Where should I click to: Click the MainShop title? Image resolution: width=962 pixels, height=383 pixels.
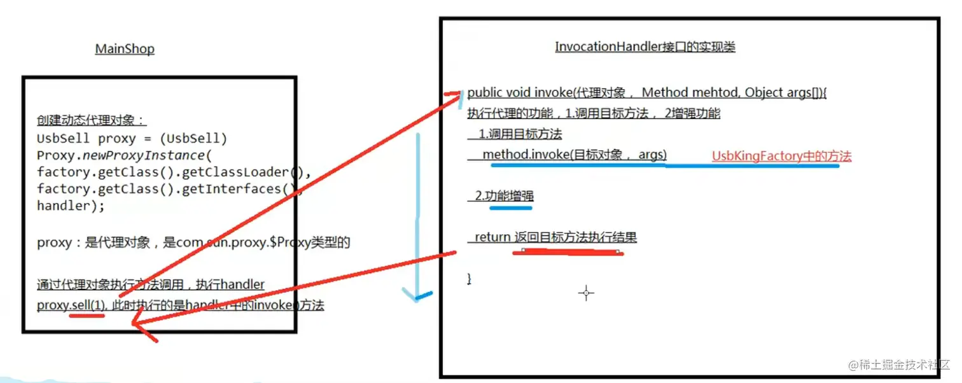click(125, 49)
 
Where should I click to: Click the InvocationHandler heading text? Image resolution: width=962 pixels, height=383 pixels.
click(645, 46)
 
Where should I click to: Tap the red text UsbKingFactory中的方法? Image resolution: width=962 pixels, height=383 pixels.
click(781, 156)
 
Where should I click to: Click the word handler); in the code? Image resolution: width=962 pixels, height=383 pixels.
click(71, 205)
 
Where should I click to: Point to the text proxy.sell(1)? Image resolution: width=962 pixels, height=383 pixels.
click(71, 305)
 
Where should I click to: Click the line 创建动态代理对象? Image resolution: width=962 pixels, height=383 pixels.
click(92, 121)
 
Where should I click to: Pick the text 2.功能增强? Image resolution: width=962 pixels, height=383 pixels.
click(504, 196)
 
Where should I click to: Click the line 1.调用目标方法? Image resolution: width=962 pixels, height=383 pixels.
click(520, 134)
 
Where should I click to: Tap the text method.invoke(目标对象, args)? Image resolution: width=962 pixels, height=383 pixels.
click(574, 155)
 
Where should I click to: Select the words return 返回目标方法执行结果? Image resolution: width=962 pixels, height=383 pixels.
click(555, 237)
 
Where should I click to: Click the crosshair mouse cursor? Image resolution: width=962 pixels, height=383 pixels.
click(586, 293)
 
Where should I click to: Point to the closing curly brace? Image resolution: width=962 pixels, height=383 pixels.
click(470, 279)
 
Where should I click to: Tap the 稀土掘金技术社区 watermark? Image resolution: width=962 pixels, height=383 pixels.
click(903, 365)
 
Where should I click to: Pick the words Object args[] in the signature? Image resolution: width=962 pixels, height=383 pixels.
click(783, 93)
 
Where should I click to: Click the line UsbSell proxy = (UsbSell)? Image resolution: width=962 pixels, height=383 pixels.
click(132, 139)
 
